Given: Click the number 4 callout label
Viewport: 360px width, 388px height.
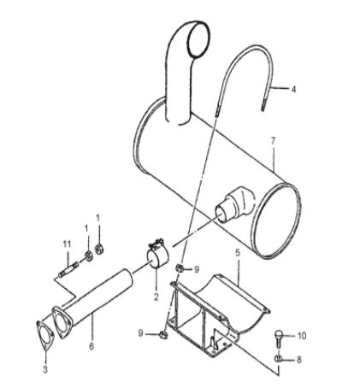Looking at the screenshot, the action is [x=293, y=89].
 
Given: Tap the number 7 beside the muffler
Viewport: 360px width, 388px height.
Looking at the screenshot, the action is [x=273, y=141].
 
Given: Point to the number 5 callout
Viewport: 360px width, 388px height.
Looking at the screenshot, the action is [x=238, y=252].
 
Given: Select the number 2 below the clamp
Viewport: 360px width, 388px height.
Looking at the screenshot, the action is [x=156, y=297].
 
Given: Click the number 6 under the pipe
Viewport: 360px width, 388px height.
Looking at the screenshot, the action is [x=91, y=346].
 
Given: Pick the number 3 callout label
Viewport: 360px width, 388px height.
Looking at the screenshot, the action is [x=45, y=370].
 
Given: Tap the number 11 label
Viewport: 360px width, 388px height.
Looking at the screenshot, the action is [x=67, y=244].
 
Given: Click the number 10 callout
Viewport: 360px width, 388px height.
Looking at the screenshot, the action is [x=302, y=336].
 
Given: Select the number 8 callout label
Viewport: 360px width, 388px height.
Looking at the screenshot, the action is [x=298, y=360].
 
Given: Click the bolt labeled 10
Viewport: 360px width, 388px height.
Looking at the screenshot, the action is [x=279, y=337].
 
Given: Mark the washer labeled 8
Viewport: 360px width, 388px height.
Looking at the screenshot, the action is [x=279, y=359].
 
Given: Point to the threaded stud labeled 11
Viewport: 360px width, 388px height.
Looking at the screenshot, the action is [x=68, y=270].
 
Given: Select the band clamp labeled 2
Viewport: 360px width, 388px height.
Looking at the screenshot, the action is [x=157, y=255].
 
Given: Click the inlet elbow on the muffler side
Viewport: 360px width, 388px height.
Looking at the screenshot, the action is [x=235, y=204].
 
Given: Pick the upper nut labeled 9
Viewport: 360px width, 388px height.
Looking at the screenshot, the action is [x=180, y=267].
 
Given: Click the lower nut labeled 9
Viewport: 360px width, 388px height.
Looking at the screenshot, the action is [x=163, y=335].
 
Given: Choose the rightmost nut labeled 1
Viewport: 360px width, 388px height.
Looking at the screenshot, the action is [x=99, y=250].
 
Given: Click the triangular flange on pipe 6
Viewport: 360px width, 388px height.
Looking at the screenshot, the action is [x=62, y=322].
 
